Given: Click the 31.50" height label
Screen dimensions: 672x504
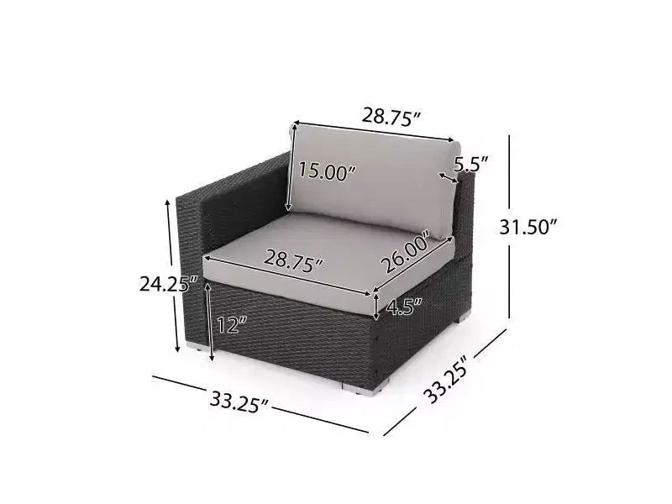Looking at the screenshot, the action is (x=528, y=227).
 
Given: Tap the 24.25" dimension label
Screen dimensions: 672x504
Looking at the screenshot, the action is (x=169, y=284).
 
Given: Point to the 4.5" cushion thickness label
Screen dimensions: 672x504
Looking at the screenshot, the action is (x=404, y=307).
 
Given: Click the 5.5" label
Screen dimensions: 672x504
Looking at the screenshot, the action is (x=471, y=164).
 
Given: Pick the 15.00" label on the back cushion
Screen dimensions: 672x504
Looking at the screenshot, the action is (x=327, y=171).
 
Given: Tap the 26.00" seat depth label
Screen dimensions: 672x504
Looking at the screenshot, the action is (x=406, y=251).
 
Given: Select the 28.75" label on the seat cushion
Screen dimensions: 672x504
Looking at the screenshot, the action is (x=293, y=261).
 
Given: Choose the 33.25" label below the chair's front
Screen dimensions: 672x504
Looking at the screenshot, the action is (x=239, y=403).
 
